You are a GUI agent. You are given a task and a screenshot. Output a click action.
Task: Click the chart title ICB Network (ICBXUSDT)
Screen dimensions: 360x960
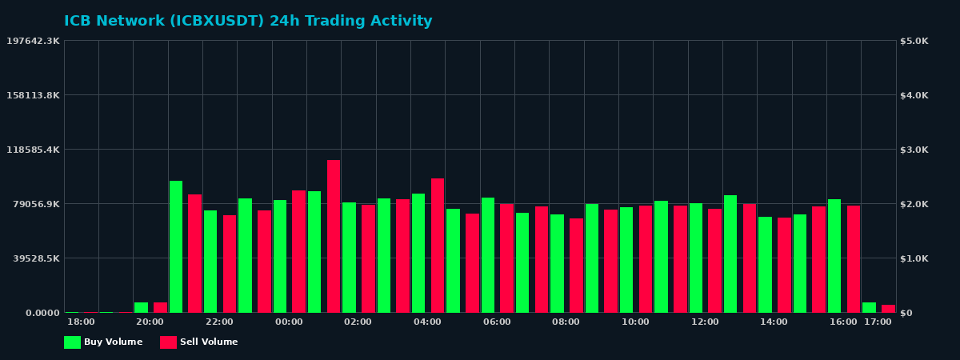[248, 22]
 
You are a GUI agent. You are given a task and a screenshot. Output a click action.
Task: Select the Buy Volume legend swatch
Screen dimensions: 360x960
[72, 342]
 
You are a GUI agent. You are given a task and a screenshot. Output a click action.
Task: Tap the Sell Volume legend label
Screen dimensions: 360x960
[209, 342]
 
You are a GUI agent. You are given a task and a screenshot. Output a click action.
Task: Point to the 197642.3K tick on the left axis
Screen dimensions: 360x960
[33, 41]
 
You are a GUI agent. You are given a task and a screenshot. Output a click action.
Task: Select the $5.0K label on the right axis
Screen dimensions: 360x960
[914, 41]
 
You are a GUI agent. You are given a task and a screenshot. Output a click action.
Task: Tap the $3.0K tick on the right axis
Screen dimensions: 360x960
[914, 150]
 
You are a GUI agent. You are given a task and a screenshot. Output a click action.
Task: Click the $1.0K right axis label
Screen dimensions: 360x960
[914, 258]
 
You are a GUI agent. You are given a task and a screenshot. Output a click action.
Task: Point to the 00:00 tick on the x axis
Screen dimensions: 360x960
[289, 322]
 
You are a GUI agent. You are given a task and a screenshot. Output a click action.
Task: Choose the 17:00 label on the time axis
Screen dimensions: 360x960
[878, 322]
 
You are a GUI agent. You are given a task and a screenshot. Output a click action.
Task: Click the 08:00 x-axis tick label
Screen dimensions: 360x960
[566, 322]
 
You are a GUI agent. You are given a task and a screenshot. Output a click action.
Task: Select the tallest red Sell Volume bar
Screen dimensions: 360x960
[334, 236]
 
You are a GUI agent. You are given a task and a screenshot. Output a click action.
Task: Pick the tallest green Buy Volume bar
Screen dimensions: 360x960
[176, 246]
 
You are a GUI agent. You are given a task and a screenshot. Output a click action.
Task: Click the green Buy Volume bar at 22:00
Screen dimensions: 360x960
[210, 262]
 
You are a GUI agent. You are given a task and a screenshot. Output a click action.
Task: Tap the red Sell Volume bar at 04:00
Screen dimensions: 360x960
[438, 246]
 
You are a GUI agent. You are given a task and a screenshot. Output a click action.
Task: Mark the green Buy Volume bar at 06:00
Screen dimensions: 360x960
[488, 255]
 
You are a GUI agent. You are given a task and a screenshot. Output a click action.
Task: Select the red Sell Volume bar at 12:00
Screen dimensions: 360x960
[714, 261]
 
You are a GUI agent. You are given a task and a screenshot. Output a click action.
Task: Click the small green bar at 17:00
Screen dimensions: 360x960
[869, 307]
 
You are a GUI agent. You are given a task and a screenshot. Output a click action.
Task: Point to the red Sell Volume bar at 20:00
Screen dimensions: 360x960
[160, 307]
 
